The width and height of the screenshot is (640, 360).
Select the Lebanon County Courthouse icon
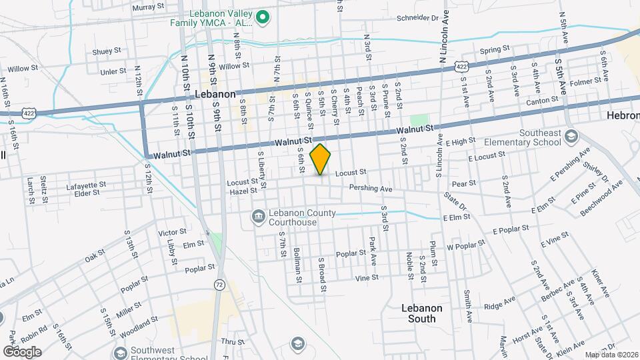(x=258, y=217)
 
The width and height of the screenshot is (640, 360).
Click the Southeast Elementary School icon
(x=571, y=137)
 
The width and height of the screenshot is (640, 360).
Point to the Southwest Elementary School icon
(x=120, y=351)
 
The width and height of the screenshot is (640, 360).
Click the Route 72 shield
(x=219, y=285)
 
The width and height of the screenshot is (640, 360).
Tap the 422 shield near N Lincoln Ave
(x=461, y=66)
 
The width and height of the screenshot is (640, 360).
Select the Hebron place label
(x=623, y=115)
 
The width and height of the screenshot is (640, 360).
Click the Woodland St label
(x=121, y=329)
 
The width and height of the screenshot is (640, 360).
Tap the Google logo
(x=22, y=351)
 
